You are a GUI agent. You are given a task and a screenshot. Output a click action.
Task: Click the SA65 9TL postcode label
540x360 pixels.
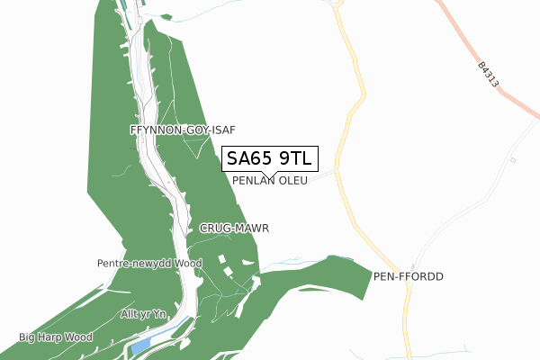269,159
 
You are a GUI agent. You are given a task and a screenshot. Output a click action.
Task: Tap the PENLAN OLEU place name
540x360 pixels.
270,181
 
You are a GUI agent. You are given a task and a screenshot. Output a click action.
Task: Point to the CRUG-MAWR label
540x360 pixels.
235,229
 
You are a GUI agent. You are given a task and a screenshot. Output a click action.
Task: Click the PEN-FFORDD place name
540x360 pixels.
409,276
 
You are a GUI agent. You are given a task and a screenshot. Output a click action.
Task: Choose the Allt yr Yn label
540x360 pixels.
144,313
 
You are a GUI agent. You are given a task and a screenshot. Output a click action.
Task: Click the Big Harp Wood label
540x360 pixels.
56,337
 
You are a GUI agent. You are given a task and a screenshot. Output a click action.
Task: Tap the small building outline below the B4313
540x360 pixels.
512,159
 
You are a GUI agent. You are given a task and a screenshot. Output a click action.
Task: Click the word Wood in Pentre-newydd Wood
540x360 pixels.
188,264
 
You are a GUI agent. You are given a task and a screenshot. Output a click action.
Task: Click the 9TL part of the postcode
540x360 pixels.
294,159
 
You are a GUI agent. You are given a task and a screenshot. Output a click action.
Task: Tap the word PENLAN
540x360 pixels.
253,181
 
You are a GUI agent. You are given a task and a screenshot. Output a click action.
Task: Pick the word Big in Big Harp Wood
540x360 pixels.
29,337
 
